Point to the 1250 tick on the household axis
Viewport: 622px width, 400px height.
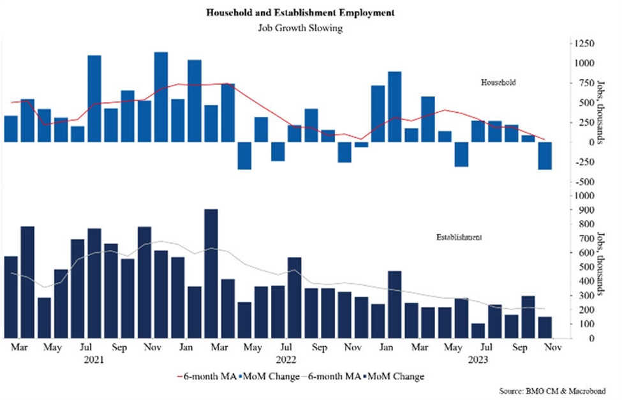[x=583, y=43]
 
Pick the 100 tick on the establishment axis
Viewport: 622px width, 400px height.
[x=579, y=323]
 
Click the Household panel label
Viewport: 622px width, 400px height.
[x=498, y=83]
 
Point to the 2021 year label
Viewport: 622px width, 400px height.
[x=94, y=360]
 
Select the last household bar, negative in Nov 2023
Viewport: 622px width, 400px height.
[x=544, y=156]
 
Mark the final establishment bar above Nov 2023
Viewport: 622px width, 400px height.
[x=544, y=327]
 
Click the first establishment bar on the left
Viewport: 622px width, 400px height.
[x=11, y=297]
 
